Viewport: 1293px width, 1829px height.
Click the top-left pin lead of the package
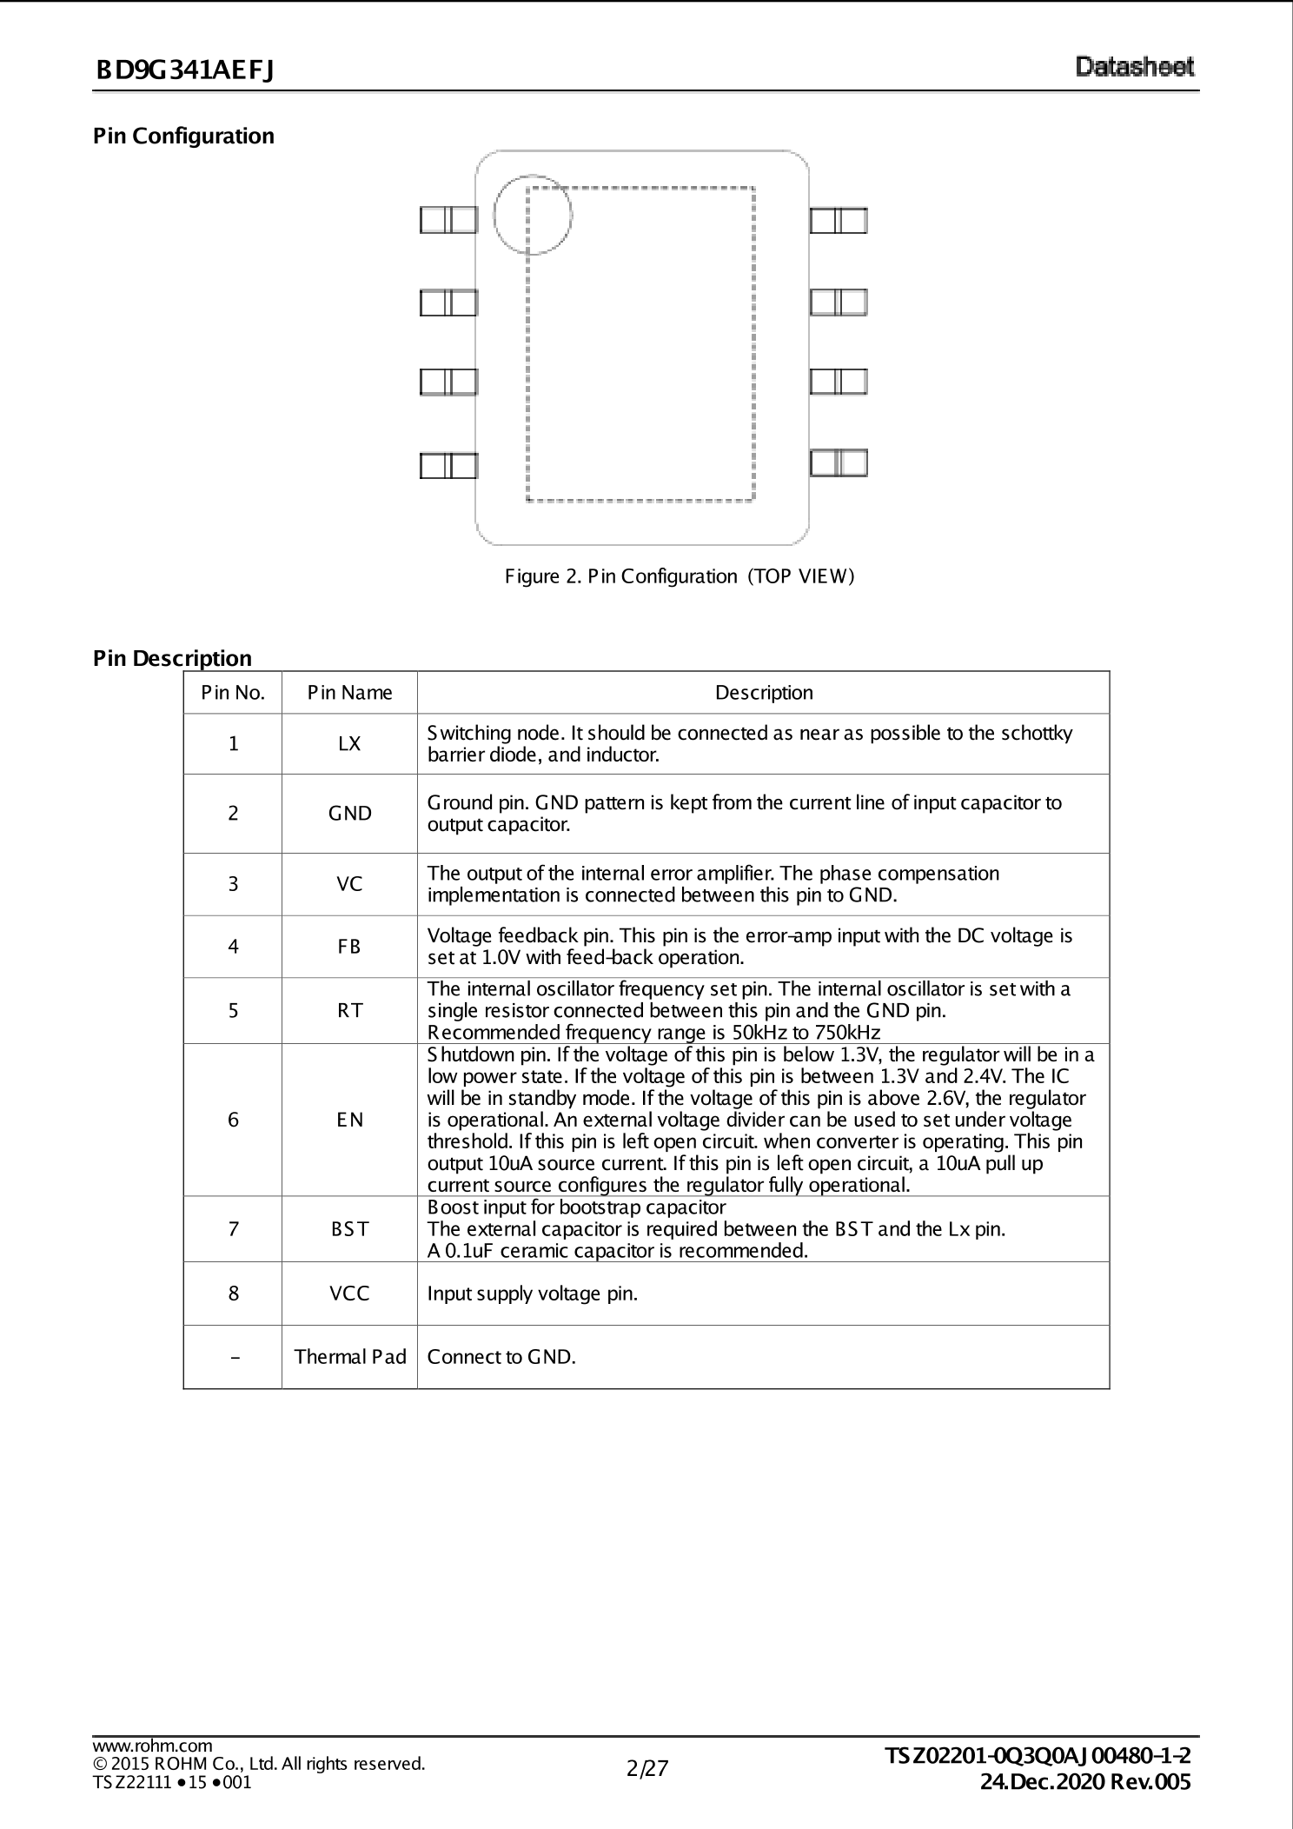pos(448,220)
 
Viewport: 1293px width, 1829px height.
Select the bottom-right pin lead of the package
pos(839,462)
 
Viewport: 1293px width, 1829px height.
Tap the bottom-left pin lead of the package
pos(448,465)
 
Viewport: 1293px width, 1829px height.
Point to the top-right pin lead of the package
pos(839,220)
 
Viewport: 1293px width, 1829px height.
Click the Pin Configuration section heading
pos(183,136)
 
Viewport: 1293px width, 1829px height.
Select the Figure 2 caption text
pos(681,575)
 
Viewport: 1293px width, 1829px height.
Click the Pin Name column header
pos(349,693)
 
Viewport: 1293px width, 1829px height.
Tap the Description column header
pos(764,693)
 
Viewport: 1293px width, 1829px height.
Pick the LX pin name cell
pos(349,744)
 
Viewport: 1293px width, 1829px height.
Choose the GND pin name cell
pos(349,814)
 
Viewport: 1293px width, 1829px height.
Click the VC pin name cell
pos(349,884)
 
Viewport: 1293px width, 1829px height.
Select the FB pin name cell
pos(349,947)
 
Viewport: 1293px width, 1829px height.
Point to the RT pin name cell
pos(349,1010)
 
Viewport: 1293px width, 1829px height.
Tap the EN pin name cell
pos(349,1120)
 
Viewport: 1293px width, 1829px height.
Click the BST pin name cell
pos(349,1229)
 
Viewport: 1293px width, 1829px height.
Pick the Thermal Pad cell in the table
pos(349,1357)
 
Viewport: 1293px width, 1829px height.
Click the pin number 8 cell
pos(233,1294)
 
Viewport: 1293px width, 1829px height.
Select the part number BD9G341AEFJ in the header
pos(185,70)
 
